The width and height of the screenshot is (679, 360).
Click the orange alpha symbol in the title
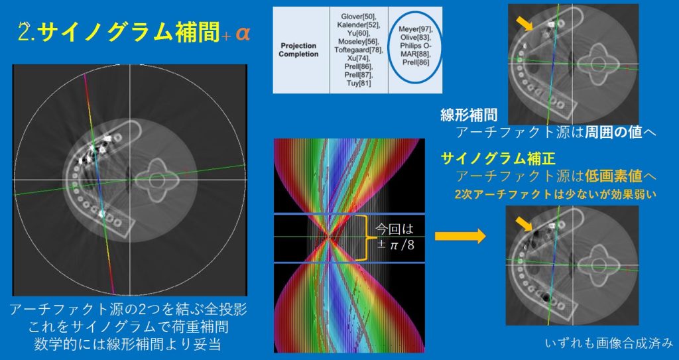click(x=243, y=34)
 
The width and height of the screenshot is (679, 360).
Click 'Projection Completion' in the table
click(x=298, y=50)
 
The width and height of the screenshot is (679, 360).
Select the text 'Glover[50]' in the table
click(x=358, y=17)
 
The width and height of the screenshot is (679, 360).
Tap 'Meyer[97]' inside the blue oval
click(x=415, y=29)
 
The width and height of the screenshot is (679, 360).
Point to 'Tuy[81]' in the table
click(x=359, y=83)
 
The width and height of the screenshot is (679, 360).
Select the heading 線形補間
click(x=469, y=115)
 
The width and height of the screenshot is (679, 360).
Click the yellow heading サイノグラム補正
click(x=498, y=159)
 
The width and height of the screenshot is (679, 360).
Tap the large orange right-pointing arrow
click(x=460, y=236)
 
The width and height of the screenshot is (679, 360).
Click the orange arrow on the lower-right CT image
click(x=525, y=224)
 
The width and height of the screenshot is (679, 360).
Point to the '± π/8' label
click(x=395, y=245)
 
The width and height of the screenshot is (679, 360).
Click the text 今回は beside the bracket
click(x=394, y=229)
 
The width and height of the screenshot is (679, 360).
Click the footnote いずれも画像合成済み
click(x=609, y=343)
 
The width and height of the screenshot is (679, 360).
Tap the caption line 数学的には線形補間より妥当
click(x=128, y=343)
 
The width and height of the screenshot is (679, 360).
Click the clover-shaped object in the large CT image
click(x=156, y=180)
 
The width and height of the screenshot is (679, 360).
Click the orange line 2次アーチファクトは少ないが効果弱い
click(x=555, y=194)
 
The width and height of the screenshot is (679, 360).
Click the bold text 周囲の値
click(x=613, y=132)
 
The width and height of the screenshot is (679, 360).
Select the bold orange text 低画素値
click(x=613, y=176)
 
